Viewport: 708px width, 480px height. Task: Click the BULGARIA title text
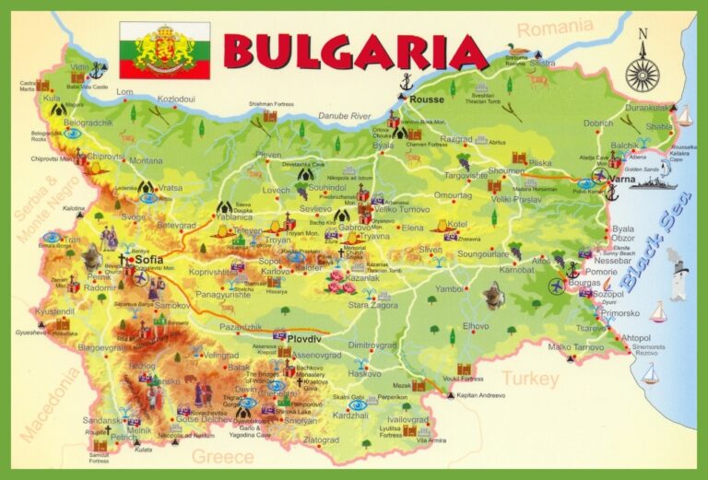pos(355,53)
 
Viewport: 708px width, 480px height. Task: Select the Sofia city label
pos(149,260)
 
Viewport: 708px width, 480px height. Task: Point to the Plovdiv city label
pos(303,339)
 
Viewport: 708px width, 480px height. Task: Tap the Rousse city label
pos(427,99)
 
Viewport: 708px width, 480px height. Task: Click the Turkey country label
pos(529,379)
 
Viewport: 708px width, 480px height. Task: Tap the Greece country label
pos(221,456)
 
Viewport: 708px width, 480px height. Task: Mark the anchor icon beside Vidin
pos(99,69)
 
